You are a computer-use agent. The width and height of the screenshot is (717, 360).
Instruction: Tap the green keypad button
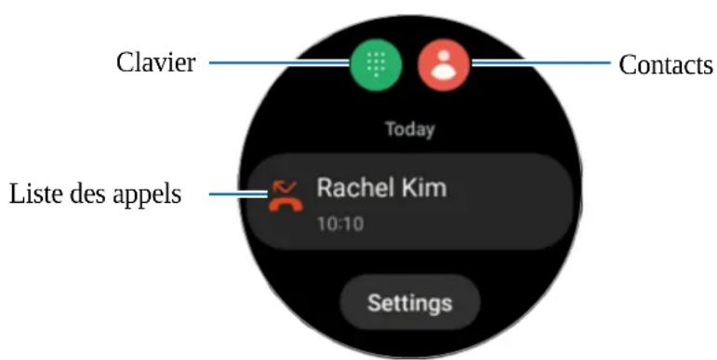coord(376,65)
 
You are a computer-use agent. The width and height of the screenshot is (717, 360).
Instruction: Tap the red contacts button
coord(444,65)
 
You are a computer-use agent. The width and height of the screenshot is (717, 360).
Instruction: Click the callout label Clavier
coord(155,63)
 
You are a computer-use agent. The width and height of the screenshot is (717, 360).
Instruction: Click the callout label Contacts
coord(665,65)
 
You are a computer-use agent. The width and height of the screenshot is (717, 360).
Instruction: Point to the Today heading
coord(410,129)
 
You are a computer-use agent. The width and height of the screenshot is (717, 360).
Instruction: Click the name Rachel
coord(351,188)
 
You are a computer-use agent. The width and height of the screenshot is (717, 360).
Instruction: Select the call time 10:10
coord(340,224)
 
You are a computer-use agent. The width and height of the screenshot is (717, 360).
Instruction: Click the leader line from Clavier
coord(279,63)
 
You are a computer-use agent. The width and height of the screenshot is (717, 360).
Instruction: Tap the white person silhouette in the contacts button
coord(444,65)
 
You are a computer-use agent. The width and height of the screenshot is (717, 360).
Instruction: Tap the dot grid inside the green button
coord(376,65)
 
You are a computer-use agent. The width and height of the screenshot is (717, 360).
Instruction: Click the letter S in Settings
coord(373,303)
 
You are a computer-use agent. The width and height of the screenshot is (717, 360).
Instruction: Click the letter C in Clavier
coord(124,63)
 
